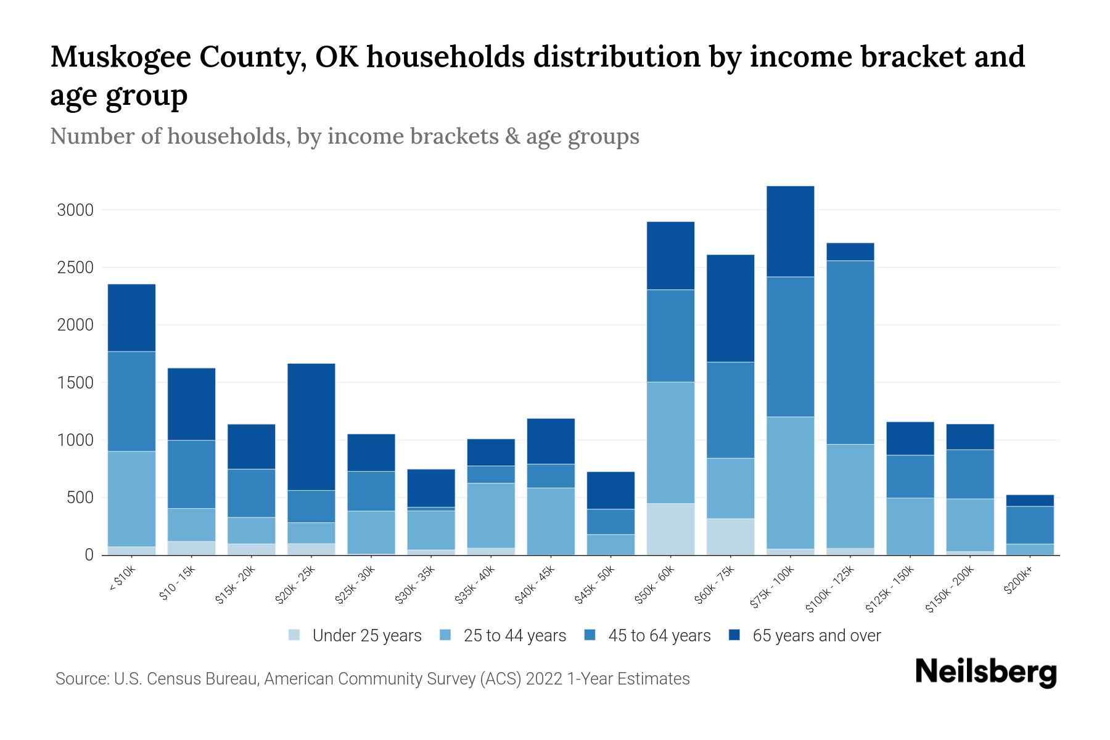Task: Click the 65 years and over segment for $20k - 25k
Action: (311, 427)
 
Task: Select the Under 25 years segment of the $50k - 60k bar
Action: (670, 529)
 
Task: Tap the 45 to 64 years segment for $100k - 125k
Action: (850, 352)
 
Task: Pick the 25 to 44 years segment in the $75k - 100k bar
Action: (791, 482)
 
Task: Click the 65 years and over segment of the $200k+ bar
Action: (1030, 500)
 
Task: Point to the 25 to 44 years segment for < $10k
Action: (131, 498)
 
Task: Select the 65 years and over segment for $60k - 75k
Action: (730, 308)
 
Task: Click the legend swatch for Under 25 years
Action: (295, 635)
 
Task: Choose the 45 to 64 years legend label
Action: (659, 636)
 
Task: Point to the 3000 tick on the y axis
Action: (75, 210)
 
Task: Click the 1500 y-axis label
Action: (75, 383)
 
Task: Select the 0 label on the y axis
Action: (89, 555)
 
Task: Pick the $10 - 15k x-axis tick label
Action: (178, 583)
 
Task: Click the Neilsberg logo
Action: (985, 672)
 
